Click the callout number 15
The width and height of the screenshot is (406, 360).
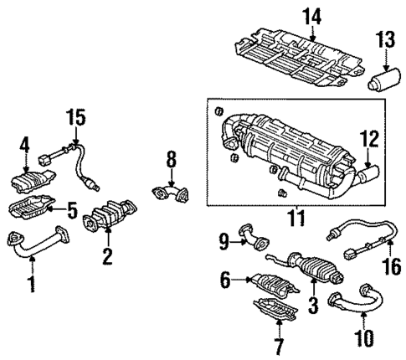pyautogui.click(x=76, y=118)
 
